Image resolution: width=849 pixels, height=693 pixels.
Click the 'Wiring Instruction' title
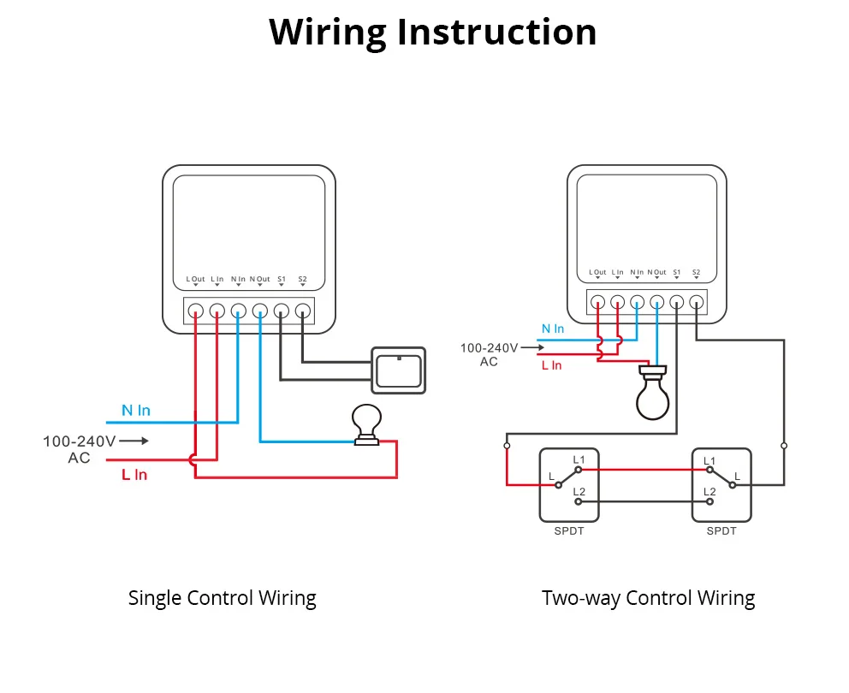click(x=432, y=33)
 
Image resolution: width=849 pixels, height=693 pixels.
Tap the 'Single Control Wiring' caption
click(x=222, y=598)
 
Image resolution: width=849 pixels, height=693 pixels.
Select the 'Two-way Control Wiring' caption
click(x=648, y=598)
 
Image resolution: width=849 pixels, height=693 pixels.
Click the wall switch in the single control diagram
click(x=398, y=370)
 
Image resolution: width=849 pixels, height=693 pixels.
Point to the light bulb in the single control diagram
click(x=367, y=423)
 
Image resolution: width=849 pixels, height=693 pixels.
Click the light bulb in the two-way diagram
click(x=655, y=394)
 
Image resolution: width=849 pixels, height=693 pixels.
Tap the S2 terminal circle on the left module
click(x=302, y=311)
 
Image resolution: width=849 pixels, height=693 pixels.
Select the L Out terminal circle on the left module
click(x=195, y=311)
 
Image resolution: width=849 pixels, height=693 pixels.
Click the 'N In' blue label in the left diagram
click(x=135, y=411)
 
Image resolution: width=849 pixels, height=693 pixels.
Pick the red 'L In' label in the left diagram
click(x=134, y=474)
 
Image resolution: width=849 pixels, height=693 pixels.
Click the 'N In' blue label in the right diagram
click(x=553, y=329)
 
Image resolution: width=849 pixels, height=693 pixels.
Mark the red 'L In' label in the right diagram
click(x=551, y=365)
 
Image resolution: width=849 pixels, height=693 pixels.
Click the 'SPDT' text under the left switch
click(x=568, y=531)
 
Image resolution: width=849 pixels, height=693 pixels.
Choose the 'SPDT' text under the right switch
click(x=721, y=531)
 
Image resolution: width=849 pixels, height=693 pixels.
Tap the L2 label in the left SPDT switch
click(x=579, y=492)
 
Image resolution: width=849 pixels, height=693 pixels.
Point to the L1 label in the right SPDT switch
click(x=709, y=461)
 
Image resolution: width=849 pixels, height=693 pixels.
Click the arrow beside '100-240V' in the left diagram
click(x=134, y=441)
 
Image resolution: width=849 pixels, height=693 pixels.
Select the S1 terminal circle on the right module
click(x=677, y=302)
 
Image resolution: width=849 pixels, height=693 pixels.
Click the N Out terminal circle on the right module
click(x=657, y=302)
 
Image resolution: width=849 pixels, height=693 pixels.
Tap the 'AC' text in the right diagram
click(x=489, y=362)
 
